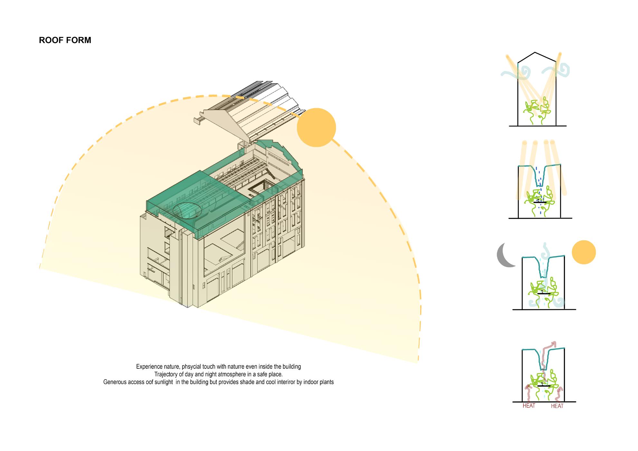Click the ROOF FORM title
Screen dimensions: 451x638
pos(65,40)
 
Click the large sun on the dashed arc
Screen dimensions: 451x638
pos(316,127)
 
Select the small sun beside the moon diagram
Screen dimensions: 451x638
pos(584,252)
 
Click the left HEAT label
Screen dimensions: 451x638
pos(529,406)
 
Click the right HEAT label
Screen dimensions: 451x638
pos(557,406)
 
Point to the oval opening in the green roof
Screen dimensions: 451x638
pos(187,211)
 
